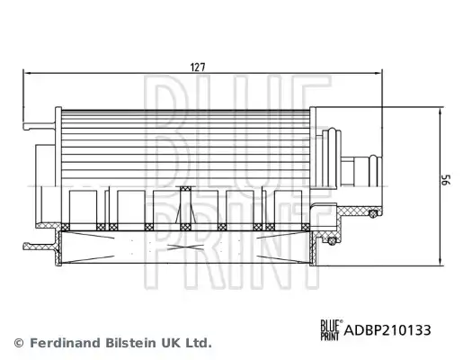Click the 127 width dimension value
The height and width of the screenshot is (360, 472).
[x=198, y=67]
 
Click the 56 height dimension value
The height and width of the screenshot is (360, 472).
[x=447, y=179]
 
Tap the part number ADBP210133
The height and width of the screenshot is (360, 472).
[x=387, y=330]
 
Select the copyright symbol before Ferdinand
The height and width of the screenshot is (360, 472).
[x=19, y=343]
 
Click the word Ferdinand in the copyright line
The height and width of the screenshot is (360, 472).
[x=66, y=343]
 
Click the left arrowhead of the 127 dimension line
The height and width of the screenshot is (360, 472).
[x=27, y=73]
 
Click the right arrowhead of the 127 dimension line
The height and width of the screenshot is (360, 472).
[x=378, y=73]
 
